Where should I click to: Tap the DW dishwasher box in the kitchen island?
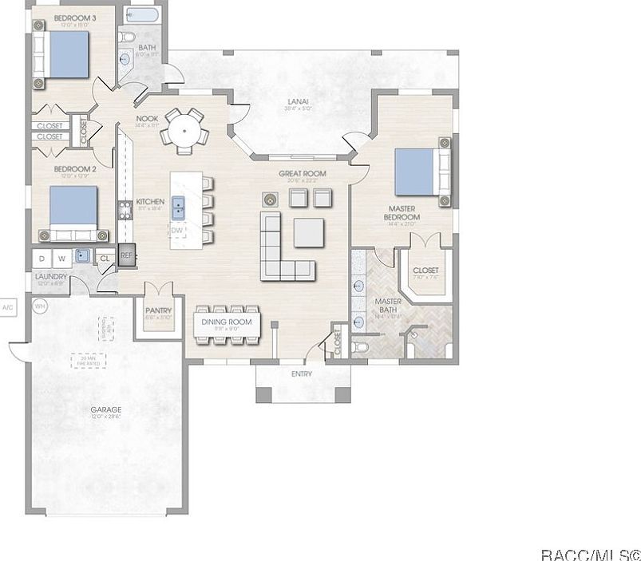[177, 231]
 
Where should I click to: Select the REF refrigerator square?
[126, 256]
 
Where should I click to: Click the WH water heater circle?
[39, 305]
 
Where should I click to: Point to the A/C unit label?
[8, 306]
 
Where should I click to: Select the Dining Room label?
[226, 322]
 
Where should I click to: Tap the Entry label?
[302, 373]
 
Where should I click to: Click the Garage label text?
[105, 410]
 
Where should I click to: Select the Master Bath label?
[387, 306]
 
